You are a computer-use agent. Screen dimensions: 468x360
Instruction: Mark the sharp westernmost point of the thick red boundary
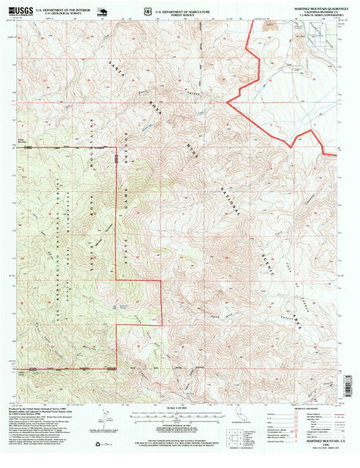pyautogui.click(x=226, y=103)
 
